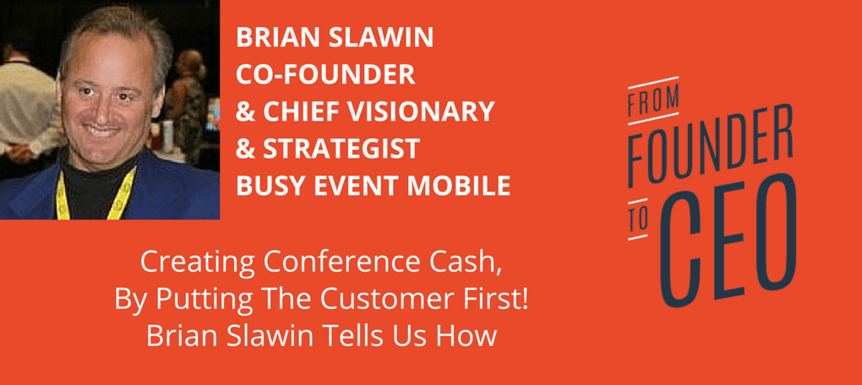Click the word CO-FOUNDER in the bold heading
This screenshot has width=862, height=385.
point(325,74)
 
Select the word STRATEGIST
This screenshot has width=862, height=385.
point(341,149)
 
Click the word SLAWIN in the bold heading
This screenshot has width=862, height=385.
point(379,37)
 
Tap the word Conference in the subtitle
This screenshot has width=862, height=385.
point(335,263)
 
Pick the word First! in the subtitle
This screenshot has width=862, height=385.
point(505,301)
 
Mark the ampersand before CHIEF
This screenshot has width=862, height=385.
point(246,111)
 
